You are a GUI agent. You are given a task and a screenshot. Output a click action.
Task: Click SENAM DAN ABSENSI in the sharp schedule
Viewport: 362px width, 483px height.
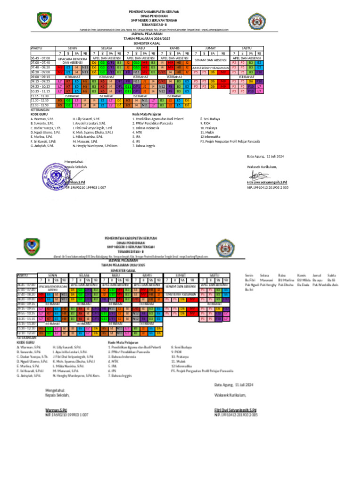pyautogui.click(x=210, y=60)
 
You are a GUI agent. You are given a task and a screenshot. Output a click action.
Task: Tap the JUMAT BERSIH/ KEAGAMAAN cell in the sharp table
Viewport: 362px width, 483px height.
pyautogui.click(x=210, y=67)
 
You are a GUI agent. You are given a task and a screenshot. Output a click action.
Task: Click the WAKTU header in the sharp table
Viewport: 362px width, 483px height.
pyautogui.click(x=37, y=48)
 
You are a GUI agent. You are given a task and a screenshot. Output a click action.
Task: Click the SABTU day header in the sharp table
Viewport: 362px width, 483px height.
pyautogui.click(x=247, y=48)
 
